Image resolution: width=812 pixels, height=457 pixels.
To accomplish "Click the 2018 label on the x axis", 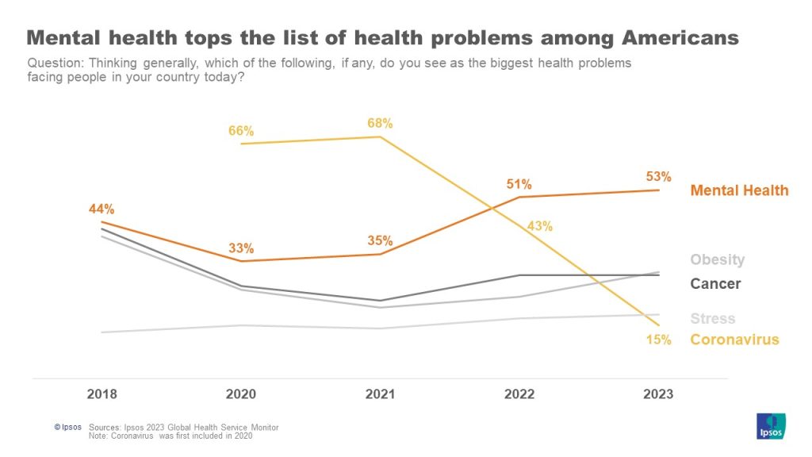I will pos(101,394).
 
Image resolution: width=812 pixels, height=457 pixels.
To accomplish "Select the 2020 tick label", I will pos(240,394).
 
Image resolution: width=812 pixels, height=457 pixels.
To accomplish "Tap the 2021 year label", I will pos(380,394).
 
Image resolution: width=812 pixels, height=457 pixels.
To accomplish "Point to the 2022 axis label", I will pos(519,394).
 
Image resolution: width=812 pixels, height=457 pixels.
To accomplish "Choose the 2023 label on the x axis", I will pos(657,394).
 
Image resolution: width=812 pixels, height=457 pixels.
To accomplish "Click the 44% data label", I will pos(101,209).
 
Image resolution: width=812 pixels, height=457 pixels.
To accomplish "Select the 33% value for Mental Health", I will pos(241,248).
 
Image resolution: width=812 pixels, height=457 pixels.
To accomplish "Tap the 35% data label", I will pos(380,241).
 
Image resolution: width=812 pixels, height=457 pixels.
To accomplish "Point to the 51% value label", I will pos(519,184).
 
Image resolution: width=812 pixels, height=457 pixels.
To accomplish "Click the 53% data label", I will pos(658,176).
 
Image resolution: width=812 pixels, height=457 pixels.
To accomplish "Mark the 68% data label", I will pos(380,123).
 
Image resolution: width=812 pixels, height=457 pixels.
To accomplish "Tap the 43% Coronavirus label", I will pos(539,226).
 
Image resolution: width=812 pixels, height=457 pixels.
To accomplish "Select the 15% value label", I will pos(658,340).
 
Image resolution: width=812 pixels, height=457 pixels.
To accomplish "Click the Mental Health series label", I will pos(739,190).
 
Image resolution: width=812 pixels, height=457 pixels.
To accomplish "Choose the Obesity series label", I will pos(717,260).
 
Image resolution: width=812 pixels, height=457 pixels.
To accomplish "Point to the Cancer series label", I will pos(715,284).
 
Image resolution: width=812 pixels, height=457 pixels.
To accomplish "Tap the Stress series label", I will pos(712,319).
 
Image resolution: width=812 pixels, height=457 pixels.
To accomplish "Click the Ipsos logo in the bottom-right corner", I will pos(772,426).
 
